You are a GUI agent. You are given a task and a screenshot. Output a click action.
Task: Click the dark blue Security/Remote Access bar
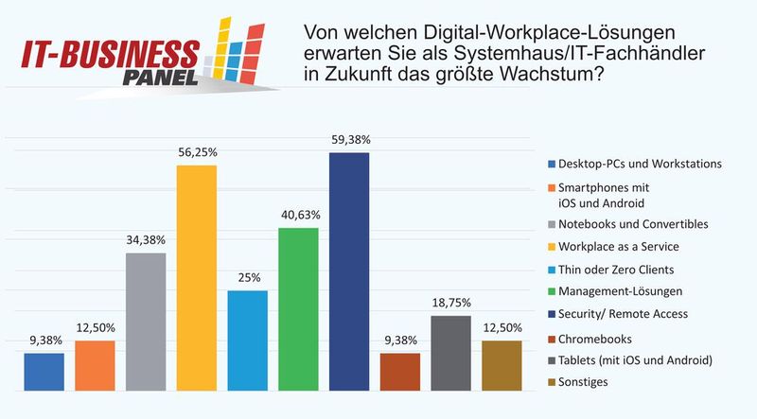point(348,271)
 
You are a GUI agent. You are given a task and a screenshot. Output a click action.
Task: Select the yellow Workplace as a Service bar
point(196,278)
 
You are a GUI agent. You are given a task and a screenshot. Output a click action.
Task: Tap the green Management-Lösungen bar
point(298,308)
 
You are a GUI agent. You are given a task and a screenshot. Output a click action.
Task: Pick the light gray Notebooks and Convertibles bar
point(146,322)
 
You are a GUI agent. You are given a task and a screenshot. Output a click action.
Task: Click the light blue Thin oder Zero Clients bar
point(247,340)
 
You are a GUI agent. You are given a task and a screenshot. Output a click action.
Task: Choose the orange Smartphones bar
point(95,365)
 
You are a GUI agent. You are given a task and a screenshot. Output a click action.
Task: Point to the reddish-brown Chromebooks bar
point(399,372)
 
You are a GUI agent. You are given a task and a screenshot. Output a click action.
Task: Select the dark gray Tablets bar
point(450,353)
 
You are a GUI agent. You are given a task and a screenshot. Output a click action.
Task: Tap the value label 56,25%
point(196,152)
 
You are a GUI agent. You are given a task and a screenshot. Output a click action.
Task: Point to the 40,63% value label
point(298,215)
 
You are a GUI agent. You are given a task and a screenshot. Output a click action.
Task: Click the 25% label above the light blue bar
point(247,278)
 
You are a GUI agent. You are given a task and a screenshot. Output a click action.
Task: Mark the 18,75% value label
point(450,303)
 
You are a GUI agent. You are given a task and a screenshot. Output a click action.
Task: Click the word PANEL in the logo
point(162,77)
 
